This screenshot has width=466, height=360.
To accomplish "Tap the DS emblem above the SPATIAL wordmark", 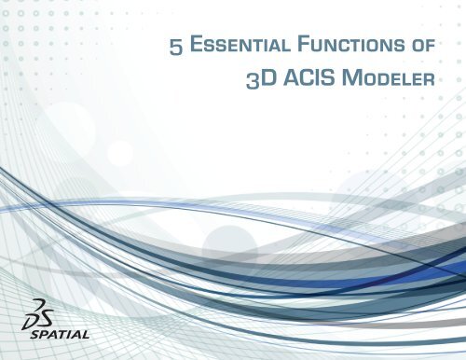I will point(36,313).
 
